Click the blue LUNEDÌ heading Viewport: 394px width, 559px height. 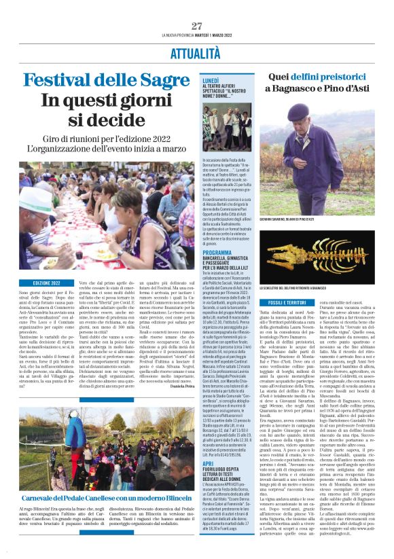click(210, 79)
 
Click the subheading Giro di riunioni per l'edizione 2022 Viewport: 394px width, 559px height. click(107, 139)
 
